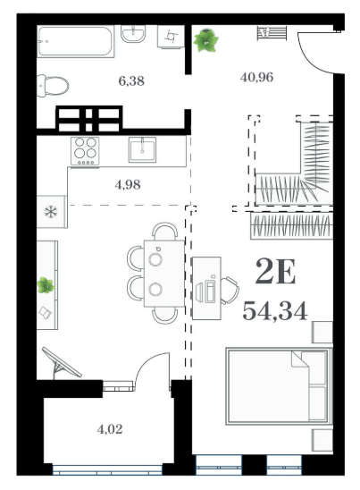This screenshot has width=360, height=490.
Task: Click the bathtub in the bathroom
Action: pos(75,41)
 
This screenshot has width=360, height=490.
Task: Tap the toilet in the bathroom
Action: pos(53,85)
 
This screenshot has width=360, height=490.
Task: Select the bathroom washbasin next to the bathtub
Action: pos(133,34)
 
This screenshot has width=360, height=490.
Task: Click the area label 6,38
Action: pos(131,81)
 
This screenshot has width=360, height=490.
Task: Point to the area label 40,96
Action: pos(256,77)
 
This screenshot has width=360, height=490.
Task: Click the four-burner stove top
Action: pos(85,151)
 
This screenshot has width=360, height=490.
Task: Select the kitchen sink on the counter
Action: pos(142,149)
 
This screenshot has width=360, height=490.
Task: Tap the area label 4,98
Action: pos(128,185)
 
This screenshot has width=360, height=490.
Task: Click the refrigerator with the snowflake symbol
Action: pos(52,212)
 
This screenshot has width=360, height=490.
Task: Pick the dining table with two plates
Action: pos(163,274)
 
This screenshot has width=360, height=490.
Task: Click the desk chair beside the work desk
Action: pos(230,290)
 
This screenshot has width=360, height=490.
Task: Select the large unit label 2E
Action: pos(275,272)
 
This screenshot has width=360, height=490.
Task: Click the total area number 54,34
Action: pos(275,311)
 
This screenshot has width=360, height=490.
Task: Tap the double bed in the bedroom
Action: pos(279,386)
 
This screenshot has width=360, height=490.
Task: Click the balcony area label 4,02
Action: pos(110,429)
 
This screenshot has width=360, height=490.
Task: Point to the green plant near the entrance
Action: pos(205,40)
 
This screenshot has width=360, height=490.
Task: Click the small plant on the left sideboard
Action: pos(46,285)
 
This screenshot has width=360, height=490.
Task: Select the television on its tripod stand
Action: pos(62,363)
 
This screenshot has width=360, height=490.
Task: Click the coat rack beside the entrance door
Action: pos(272,33)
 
